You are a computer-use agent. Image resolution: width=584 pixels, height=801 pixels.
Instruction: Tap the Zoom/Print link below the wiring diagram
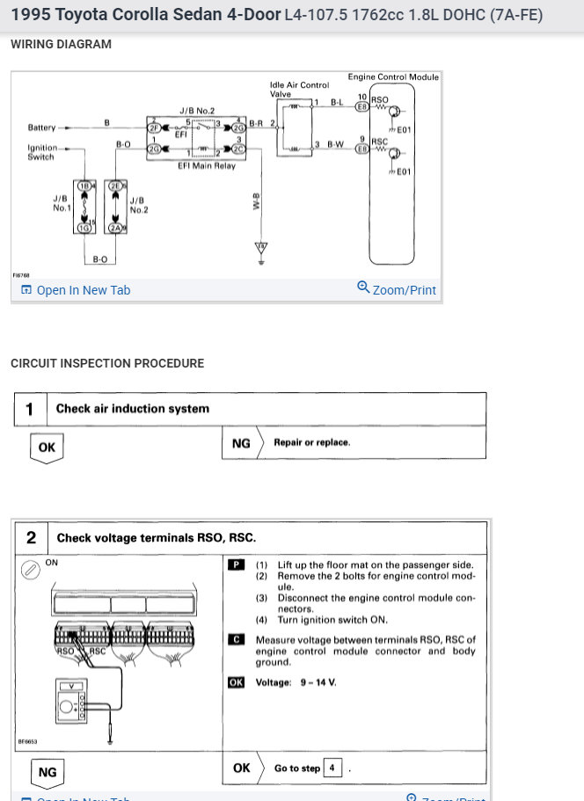coord(397,289)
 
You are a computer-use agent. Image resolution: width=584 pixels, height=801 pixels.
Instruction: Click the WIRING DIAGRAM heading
coord(61,44)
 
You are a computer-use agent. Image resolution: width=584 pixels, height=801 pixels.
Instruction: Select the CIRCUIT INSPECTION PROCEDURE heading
coord(107,363)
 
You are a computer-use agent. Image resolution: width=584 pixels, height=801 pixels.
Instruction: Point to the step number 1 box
coord(30,409)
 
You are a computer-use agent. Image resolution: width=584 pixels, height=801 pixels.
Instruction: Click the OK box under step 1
coord(47,447)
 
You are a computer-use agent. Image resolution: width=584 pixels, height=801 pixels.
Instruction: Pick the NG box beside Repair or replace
coord(240,443)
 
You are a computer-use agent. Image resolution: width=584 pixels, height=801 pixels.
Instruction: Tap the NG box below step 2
coord(47,773)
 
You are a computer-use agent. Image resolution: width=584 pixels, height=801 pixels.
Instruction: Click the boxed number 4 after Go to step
coord(332,768)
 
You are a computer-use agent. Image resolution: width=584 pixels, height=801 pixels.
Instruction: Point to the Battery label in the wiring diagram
coord(41,127)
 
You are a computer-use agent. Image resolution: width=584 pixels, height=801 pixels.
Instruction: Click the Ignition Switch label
coord(41,152)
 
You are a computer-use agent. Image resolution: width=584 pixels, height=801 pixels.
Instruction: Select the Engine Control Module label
coord(392,77)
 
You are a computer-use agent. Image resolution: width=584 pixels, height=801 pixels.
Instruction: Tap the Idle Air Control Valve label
coord(299,90)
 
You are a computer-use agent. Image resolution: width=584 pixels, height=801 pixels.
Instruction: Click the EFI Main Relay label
coord(207,165)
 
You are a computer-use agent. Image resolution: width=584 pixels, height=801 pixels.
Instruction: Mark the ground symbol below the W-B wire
coord(260,256)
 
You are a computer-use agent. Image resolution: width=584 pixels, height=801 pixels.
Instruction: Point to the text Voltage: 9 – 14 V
coord(296,681)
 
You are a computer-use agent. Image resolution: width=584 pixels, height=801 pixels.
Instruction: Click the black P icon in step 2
coord(236,564)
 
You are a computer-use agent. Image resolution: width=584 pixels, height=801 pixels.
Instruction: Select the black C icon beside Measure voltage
coord(236,640)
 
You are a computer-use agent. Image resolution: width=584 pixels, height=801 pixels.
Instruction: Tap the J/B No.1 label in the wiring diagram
coord(62,203)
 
